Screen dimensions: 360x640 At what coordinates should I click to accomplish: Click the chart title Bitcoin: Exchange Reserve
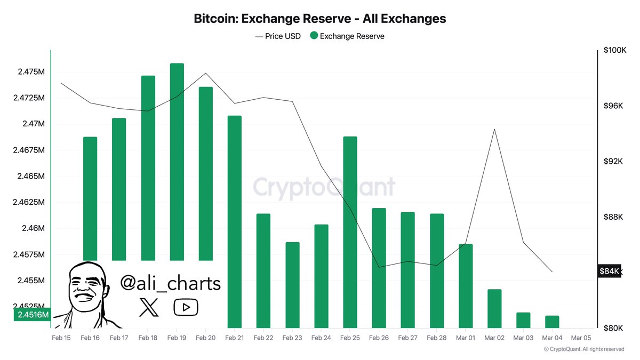click(x=319, y=19)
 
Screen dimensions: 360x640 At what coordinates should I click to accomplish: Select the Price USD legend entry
click(x=278, y=36)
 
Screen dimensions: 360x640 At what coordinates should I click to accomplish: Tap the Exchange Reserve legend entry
click(x=347, y=36)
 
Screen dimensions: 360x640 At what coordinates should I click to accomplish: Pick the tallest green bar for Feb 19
click(x=177, y=160)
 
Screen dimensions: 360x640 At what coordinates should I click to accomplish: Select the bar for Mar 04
click(x=552, y=322)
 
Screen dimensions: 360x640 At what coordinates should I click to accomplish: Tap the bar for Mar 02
click(x=494, y=308)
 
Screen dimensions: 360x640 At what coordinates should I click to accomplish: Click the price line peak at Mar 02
click(x=494, y=129)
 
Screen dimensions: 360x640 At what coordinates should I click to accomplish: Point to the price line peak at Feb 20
click(x=206, y=73)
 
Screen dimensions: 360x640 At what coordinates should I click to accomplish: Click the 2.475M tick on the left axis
click(x=30, y=71)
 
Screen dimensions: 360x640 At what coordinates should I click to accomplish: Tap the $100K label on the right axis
click(x=615, y=50)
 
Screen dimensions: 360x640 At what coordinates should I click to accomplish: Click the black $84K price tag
click(x=609, y=271)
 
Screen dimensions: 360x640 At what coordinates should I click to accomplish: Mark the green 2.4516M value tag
click(x=33, y=315)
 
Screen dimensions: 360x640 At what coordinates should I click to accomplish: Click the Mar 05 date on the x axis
click(x=581, y=338)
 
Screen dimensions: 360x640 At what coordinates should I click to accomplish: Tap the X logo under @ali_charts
click(x=148, y=307)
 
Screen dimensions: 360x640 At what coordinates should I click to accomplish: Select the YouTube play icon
click(x=186, y=307)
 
